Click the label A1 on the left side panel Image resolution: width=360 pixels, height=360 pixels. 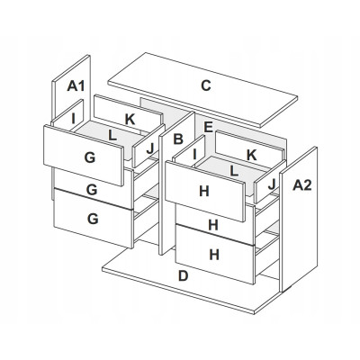(76, 86)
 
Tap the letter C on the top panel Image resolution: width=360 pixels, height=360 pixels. (206, 85)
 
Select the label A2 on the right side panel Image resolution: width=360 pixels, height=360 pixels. (302, 185)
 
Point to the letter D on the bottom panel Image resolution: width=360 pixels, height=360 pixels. (183, 275)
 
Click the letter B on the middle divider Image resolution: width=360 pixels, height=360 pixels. (178, 139)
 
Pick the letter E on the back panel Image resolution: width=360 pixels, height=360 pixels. (208, 127)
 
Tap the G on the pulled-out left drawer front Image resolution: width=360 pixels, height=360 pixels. (90, 157)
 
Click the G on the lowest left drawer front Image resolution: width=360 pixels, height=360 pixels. (93, 219)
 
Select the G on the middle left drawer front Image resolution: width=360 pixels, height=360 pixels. (92, 190)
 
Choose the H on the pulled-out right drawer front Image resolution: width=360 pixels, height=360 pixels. (204, 191)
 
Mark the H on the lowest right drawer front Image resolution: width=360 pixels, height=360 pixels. (214, 255)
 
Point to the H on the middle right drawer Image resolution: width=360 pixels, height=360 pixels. (213, 225)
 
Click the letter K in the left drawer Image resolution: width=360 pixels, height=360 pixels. (130, 120)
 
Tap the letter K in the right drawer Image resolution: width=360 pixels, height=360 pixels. (251, 155)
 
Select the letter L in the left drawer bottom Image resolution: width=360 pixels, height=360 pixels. (112, 136)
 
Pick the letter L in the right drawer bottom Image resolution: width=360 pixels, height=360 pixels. (234, 171)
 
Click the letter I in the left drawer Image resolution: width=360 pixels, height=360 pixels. (73, 119)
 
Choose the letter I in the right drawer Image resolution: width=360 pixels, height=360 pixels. (194, 155)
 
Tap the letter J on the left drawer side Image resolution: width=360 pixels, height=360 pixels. (150, 148)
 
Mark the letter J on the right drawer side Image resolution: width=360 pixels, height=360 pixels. (272, 184)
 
